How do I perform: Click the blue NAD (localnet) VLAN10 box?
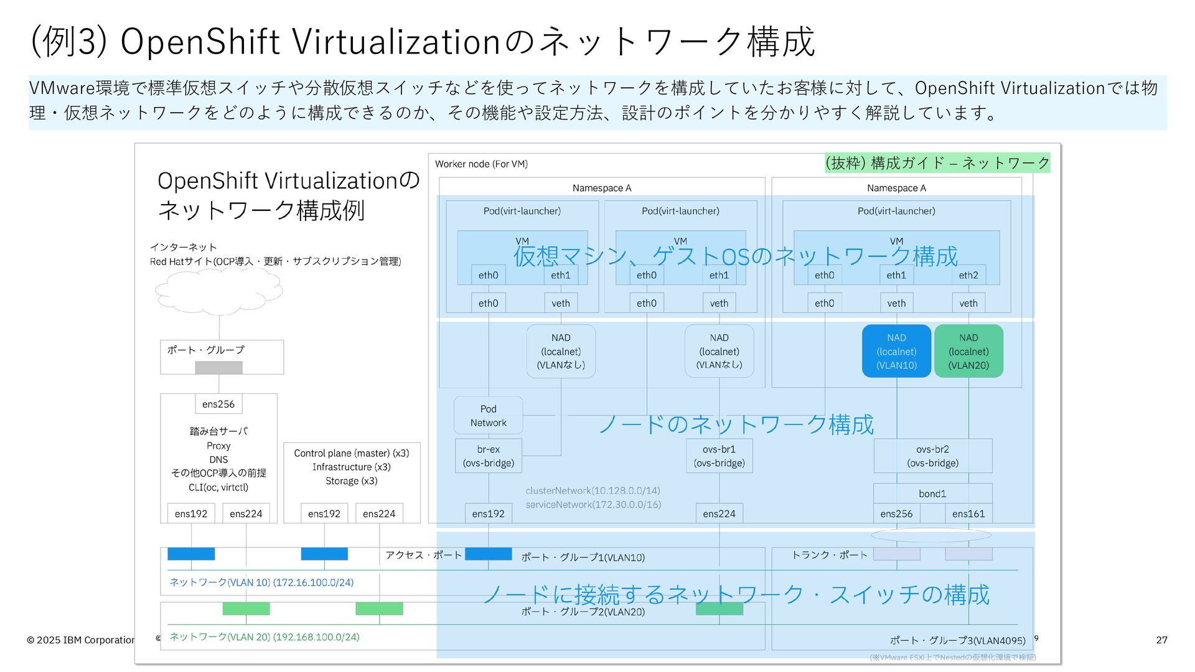pos(896,351)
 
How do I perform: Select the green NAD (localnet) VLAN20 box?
pos(968,351)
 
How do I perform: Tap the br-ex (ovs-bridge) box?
pos(489,456)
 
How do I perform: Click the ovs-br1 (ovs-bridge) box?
pos(719,456)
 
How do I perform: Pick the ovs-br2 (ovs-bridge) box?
pos(932,456)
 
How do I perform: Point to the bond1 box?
pos(932,493)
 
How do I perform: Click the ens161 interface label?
pos(968,513)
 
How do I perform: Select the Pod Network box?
pos(489,416)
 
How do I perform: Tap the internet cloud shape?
pos(218,291)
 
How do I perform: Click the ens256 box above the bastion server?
pos(218,404)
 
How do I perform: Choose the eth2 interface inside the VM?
pos(968,275)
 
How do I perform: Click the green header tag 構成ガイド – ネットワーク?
pos(937,163)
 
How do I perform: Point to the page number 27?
pos(1161,640)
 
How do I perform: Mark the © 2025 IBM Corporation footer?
pos(81,640)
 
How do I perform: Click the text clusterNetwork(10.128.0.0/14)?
pos(593,490)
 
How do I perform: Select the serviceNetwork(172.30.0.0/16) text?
pos(593,505)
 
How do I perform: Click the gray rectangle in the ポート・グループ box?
pos(218,368)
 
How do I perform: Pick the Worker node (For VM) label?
pos(481,164)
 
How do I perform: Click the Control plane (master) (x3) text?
pos(352,453)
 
